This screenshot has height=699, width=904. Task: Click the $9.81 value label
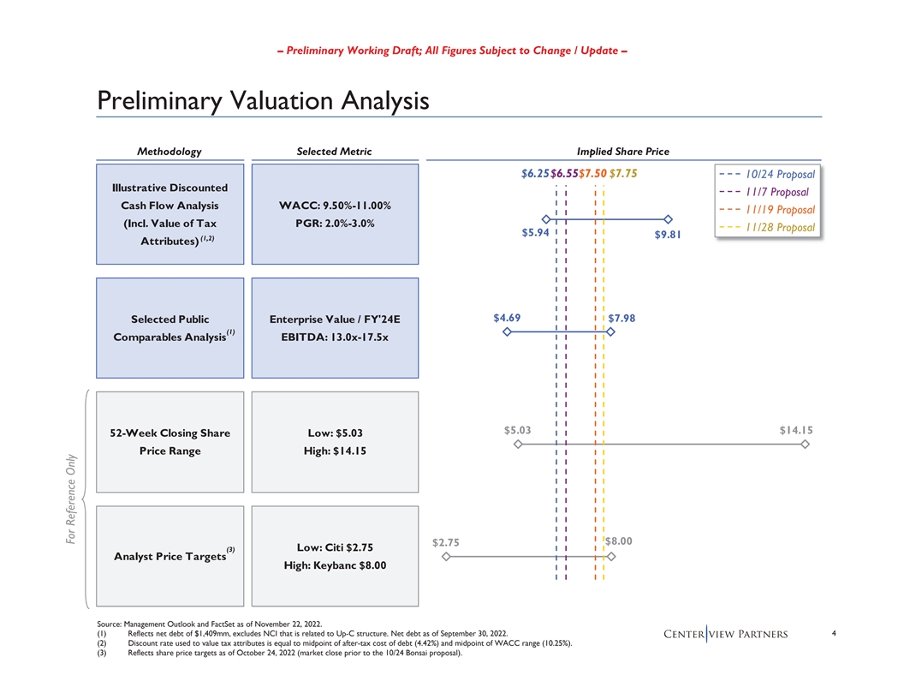(668, 236)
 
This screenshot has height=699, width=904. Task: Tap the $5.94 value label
(535, 232)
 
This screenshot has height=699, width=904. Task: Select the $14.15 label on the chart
(795, 430)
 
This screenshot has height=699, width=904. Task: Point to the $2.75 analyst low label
(446, 541)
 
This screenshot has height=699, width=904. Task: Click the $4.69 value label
(508, 319)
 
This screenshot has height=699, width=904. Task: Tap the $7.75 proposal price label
(622, 175)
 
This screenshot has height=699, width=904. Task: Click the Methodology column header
(169, 152)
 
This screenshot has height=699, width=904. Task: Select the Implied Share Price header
(623, 152)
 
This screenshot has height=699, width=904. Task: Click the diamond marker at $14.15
(805, 445)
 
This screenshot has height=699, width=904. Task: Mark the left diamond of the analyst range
(445, 557)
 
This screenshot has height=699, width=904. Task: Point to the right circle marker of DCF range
(668, 220)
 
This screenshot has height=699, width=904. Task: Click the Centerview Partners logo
(725, 634)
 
